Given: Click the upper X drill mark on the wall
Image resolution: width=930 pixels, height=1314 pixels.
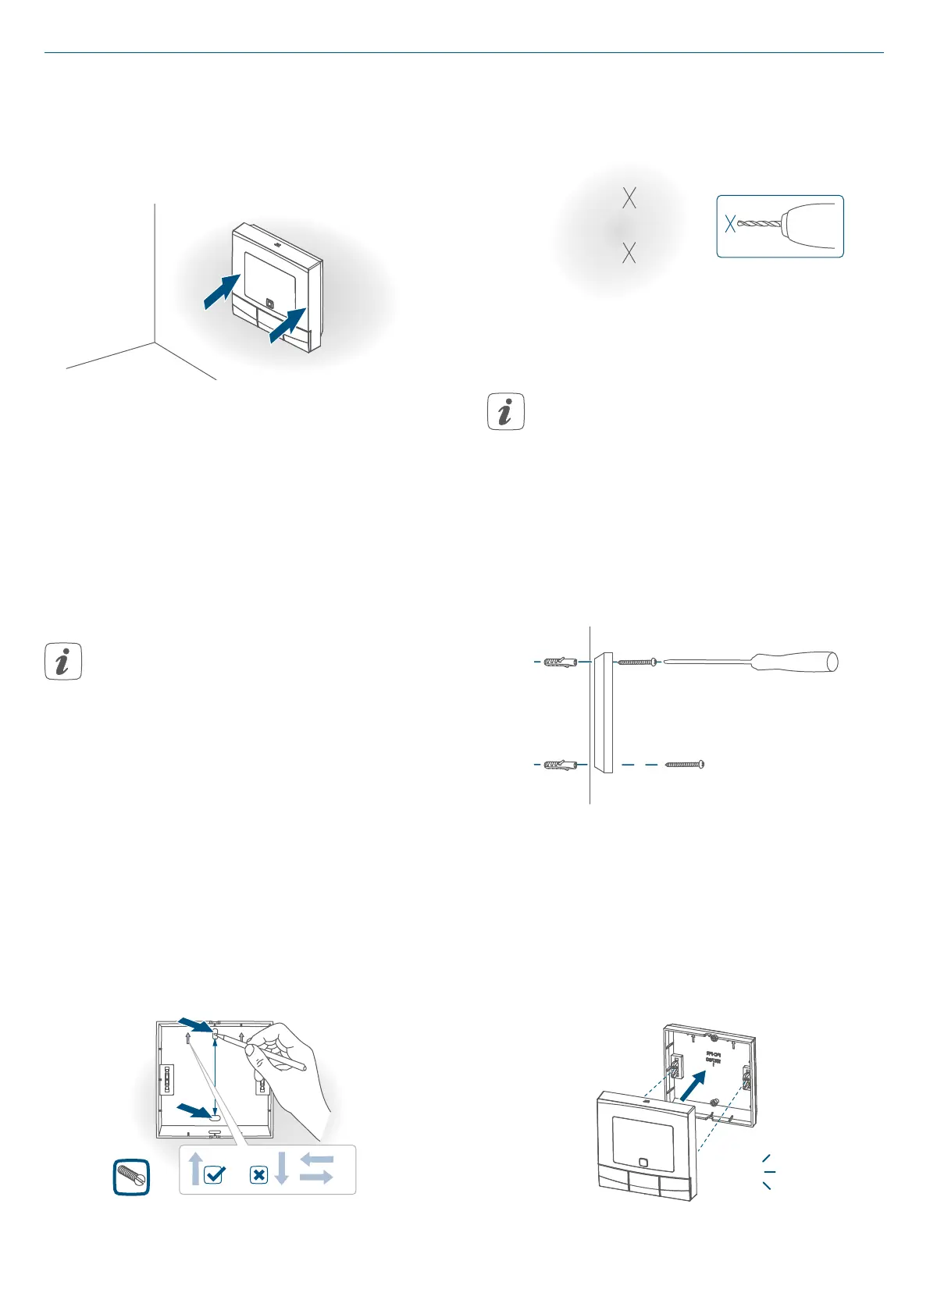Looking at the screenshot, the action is coord(629,198).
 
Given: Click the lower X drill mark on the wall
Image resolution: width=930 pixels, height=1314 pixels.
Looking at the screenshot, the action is coord(629,253).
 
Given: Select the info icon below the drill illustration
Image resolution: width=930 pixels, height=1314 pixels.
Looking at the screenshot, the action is coord(505,412).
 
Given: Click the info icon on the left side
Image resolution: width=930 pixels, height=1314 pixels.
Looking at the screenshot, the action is coord(63,662).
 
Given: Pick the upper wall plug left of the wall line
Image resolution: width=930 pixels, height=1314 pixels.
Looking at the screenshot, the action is coord(559,662).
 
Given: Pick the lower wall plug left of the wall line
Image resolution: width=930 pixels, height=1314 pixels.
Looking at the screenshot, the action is coord(559,764).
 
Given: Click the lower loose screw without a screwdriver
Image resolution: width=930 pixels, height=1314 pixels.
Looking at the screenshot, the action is coord(686,765).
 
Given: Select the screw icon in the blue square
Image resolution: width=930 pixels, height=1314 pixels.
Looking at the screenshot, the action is coord(131,1177).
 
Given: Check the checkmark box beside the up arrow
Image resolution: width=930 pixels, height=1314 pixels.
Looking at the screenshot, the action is coord(213,1174).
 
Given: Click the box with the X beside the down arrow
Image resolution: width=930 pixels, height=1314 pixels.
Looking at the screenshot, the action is coord(259,1174).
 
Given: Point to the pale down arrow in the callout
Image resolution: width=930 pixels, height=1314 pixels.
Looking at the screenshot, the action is coord(282,1167).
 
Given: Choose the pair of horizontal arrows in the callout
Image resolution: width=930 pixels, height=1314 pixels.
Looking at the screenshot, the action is coord(316,1168).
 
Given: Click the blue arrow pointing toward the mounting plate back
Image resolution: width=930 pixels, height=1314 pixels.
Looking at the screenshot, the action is coord(697,1085).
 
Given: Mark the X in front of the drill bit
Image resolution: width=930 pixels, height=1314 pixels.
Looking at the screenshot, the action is coord(730,224).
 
